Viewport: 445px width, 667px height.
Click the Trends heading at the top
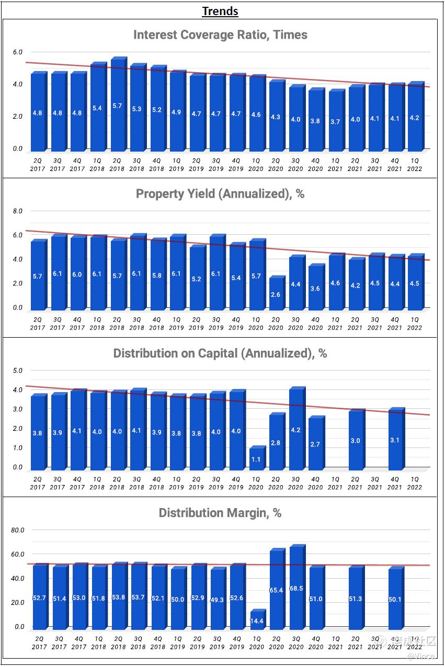(x=220, y=11)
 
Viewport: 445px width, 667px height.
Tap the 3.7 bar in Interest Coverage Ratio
(x=335, y=121)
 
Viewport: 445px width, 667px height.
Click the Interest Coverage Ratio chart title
(x=220, y=35)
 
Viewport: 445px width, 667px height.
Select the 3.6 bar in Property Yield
(x=315, y=287)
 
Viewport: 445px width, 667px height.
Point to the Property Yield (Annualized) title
(x=220, y=194)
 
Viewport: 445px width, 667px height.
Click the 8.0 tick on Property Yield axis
(x=18, y=211)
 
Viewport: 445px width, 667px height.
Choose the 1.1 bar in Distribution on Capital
(x=256, y=458)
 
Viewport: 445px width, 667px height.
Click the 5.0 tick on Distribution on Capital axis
(x=18, y=371)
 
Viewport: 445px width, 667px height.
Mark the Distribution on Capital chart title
(x=220, y=353)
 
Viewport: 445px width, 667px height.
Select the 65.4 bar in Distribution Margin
(x=277, y=590)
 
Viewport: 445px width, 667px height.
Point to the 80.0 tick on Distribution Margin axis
(x=18, y=530)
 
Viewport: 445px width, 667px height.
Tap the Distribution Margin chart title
(x=220, y=513)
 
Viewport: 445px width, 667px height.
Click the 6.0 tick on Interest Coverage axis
(x=18, y=52)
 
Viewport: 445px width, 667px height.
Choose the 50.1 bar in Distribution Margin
(x=395, y=599)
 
